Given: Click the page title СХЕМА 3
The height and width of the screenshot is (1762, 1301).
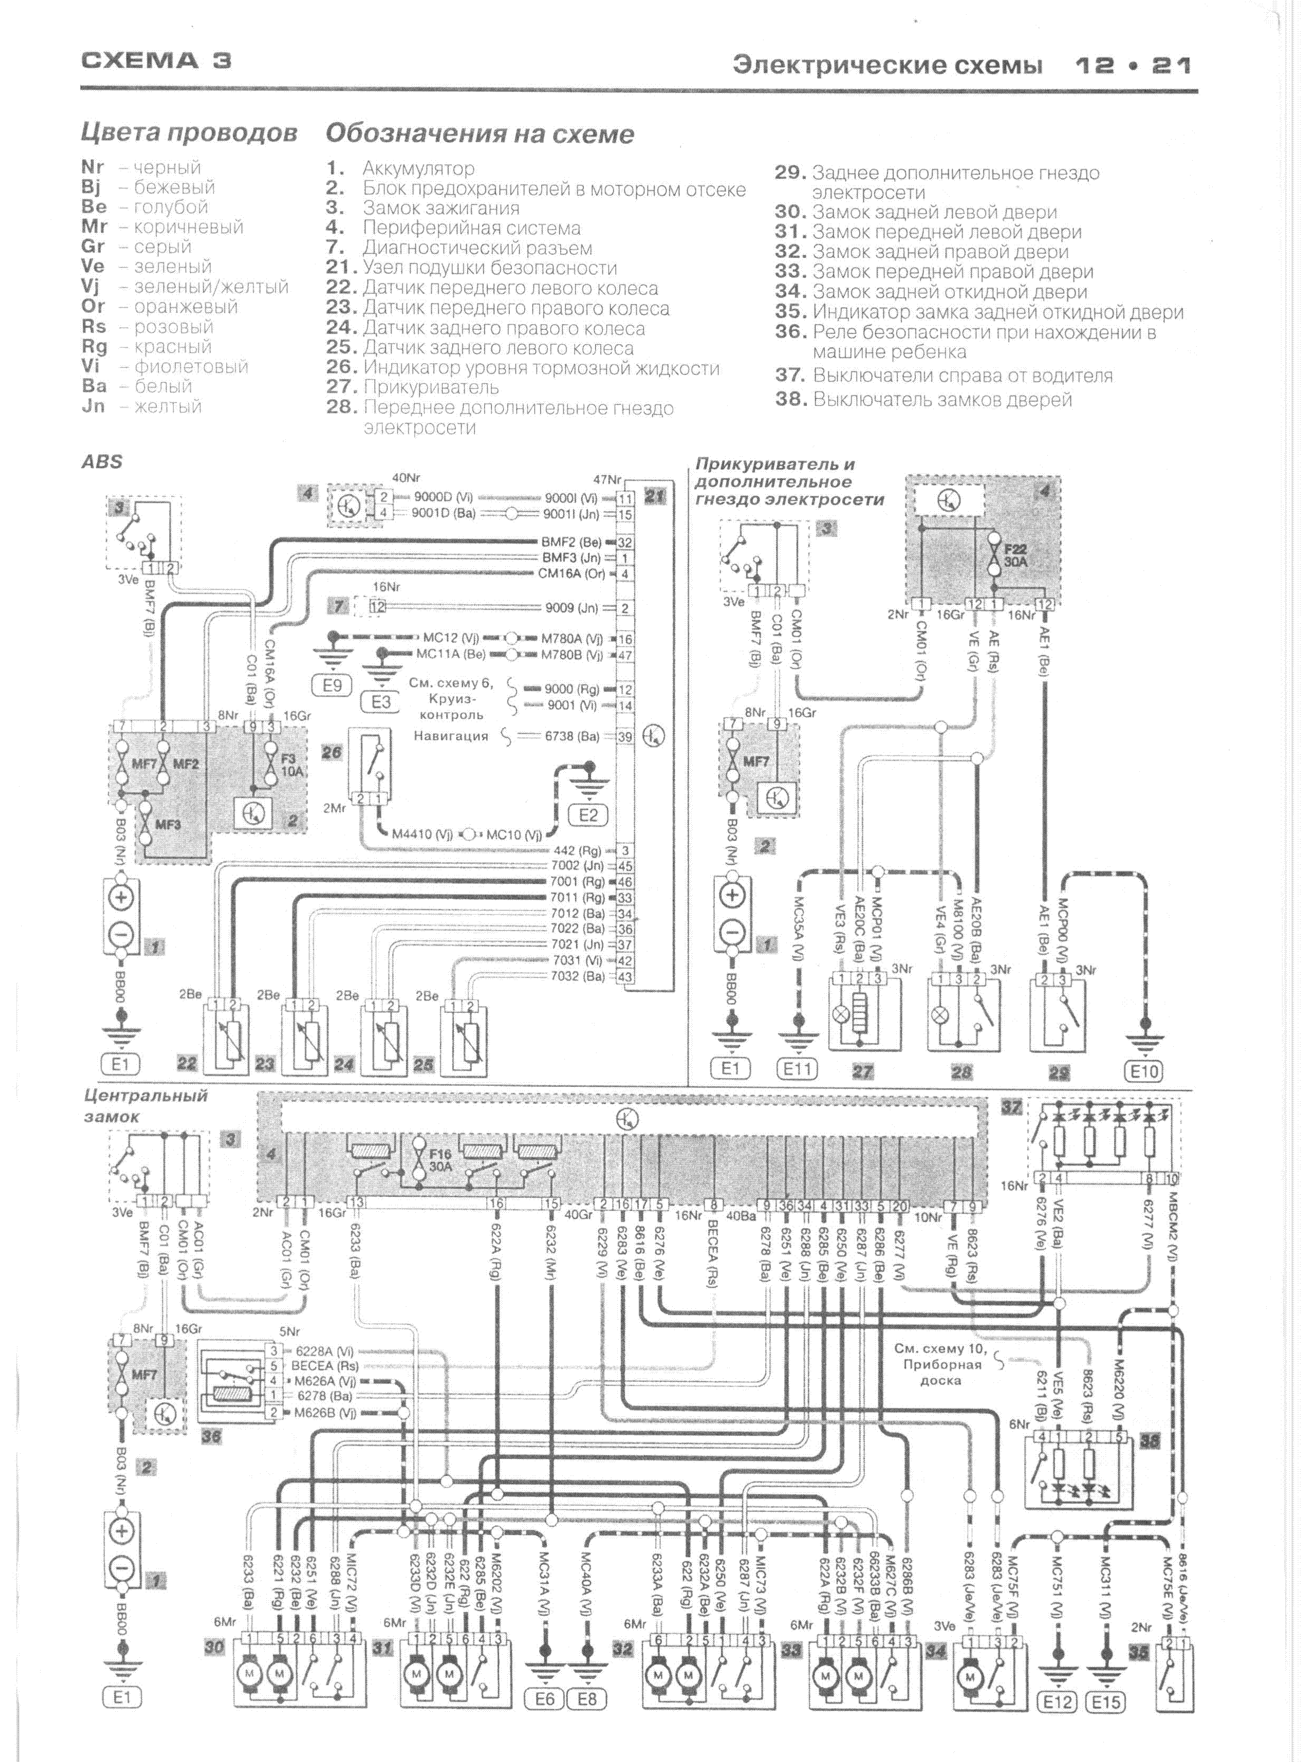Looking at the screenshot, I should [x=156, y=61].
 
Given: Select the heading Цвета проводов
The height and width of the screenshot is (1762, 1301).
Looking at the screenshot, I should [x=189, y=133].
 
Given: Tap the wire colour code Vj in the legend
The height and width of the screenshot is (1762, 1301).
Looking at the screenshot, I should [x=92, y=287].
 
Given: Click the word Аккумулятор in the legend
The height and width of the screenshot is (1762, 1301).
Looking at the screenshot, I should [x=418, y=169].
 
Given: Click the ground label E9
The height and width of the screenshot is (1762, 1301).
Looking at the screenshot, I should [x=332, y=685].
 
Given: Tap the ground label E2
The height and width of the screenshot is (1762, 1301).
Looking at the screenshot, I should [x=588, y=815].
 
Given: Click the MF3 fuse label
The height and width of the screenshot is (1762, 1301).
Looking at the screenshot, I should [x=168, y=825].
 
